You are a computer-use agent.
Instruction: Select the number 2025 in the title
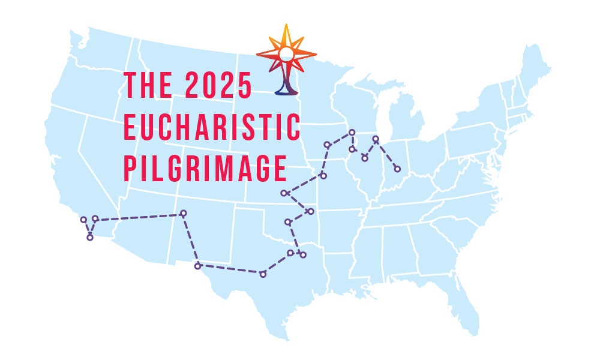click(218, 85)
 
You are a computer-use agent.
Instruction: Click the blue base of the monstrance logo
click(286, 90)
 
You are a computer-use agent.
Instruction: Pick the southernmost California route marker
click(90, 238)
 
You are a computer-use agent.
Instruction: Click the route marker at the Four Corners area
click(184, 213)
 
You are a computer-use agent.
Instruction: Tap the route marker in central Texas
click(263, 274)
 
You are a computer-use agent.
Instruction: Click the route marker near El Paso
click(197, 265)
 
